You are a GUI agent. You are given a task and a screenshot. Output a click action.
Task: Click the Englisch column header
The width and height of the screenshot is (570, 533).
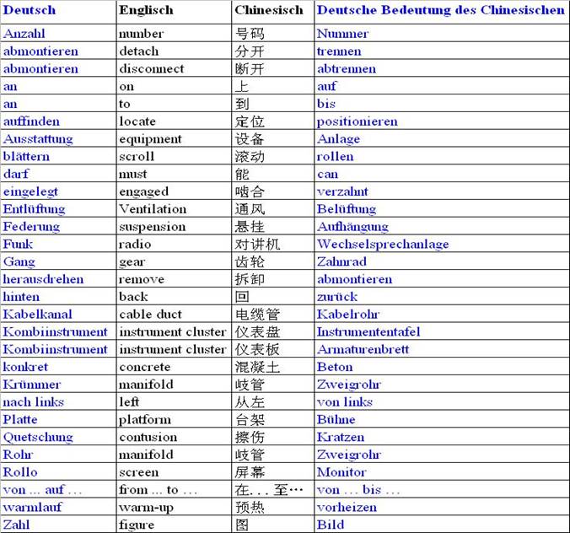point(146,11)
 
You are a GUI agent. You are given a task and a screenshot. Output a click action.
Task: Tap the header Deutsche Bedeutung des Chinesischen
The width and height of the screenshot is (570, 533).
point(440,11)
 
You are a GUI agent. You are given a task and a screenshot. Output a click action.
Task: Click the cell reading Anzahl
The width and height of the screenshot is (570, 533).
point(24,34)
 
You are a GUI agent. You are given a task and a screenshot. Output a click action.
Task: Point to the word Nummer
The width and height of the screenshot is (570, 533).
point(342,34)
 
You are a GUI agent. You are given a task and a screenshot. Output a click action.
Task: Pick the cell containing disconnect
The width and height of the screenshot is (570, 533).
point(151,69)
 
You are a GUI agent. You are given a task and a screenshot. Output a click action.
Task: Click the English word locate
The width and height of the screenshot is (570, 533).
point(137,121)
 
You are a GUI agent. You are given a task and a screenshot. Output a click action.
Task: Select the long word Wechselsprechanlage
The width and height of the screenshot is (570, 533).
point(383,245)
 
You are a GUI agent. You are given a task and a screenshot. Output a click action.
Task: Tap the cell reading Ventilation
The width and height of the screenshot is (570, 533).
point(153,209)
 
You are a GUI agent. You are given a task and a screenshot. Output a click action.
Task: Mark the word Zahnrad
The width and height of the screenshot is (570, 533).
point(341,262)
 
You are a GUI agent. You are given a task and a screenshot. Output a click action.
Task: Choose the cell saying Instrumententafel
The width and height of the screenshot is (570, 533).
point(368,332)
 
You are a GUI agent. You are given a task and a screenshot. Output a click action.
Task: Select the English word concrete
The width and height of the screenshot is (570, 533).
point(145,367)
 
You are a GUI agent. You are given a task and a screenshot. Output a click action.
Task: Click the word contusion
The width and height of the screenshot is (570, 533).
point(148,437)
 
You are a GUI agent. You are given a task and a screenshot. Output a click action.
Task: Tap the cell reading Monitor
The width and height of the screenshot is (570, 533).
point(341,472)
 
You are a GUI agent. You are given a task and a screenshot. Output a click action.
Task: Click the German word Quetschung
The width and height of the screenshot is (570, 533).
point(38,437)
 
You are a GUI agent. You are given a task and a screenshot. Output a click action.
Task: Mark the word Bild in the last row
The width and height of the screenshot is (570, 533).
point(331,525)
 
